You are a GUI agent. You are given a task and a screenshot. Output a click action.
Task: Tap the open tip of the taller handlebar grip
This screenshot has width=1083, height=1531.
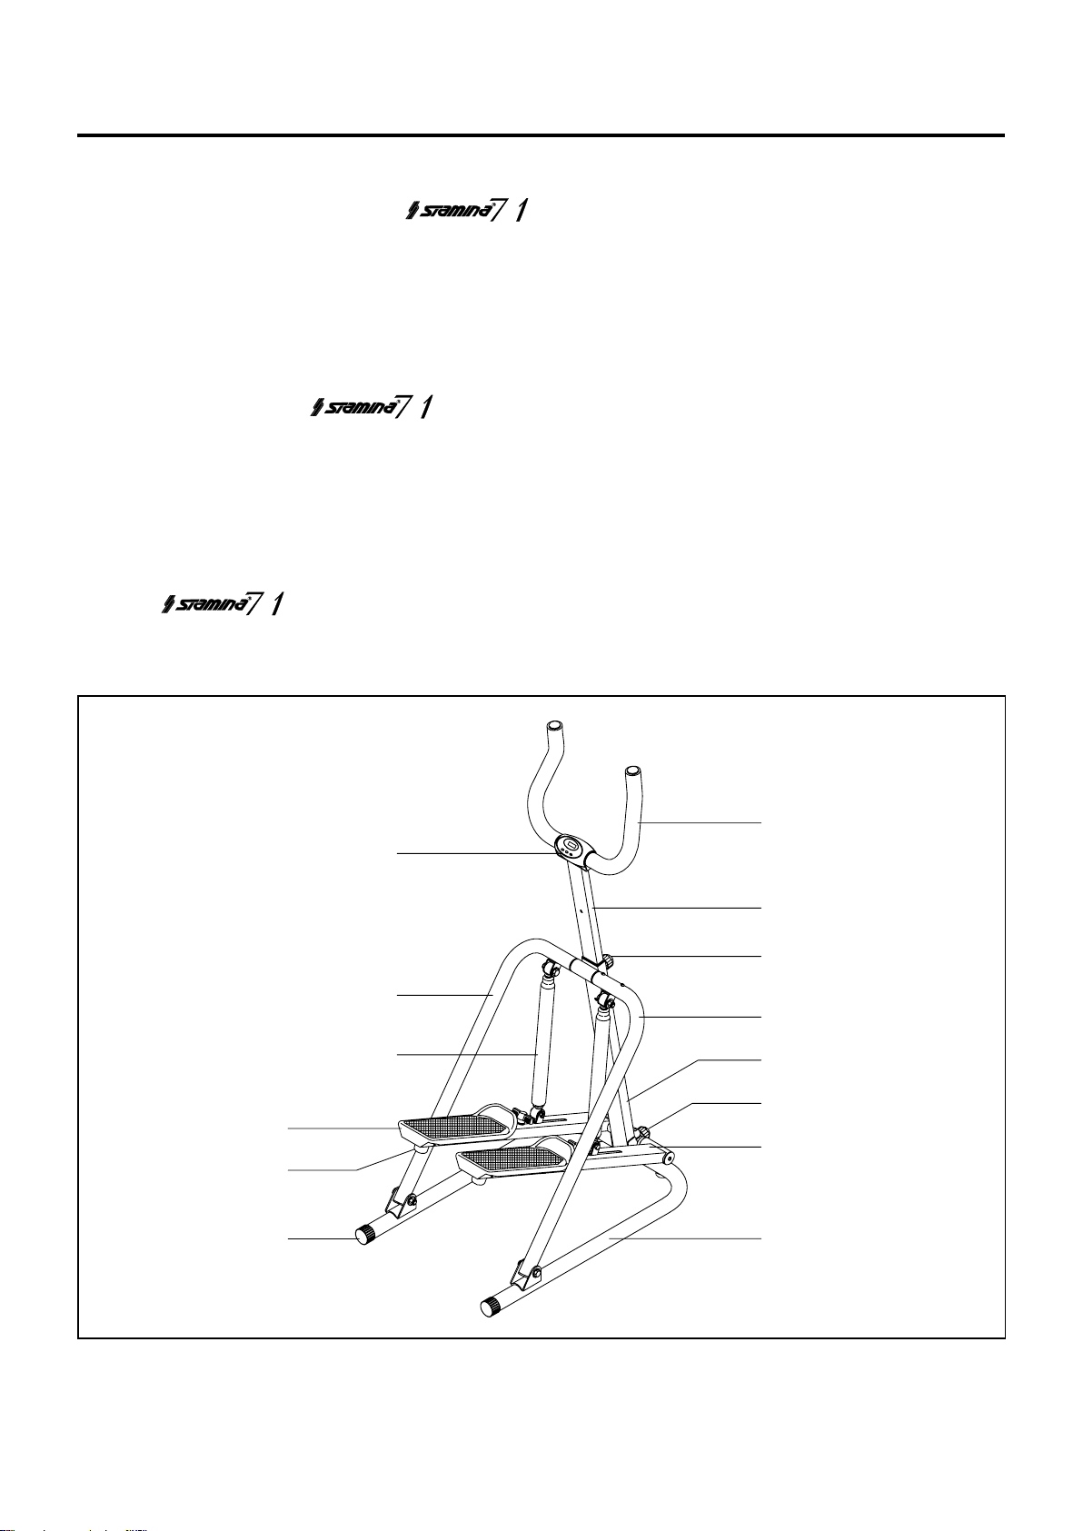pos(554,727)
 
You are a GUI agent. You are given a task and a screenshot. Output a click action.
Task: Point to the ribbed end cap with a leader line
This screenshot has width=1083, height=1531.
pos(365,1234)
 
